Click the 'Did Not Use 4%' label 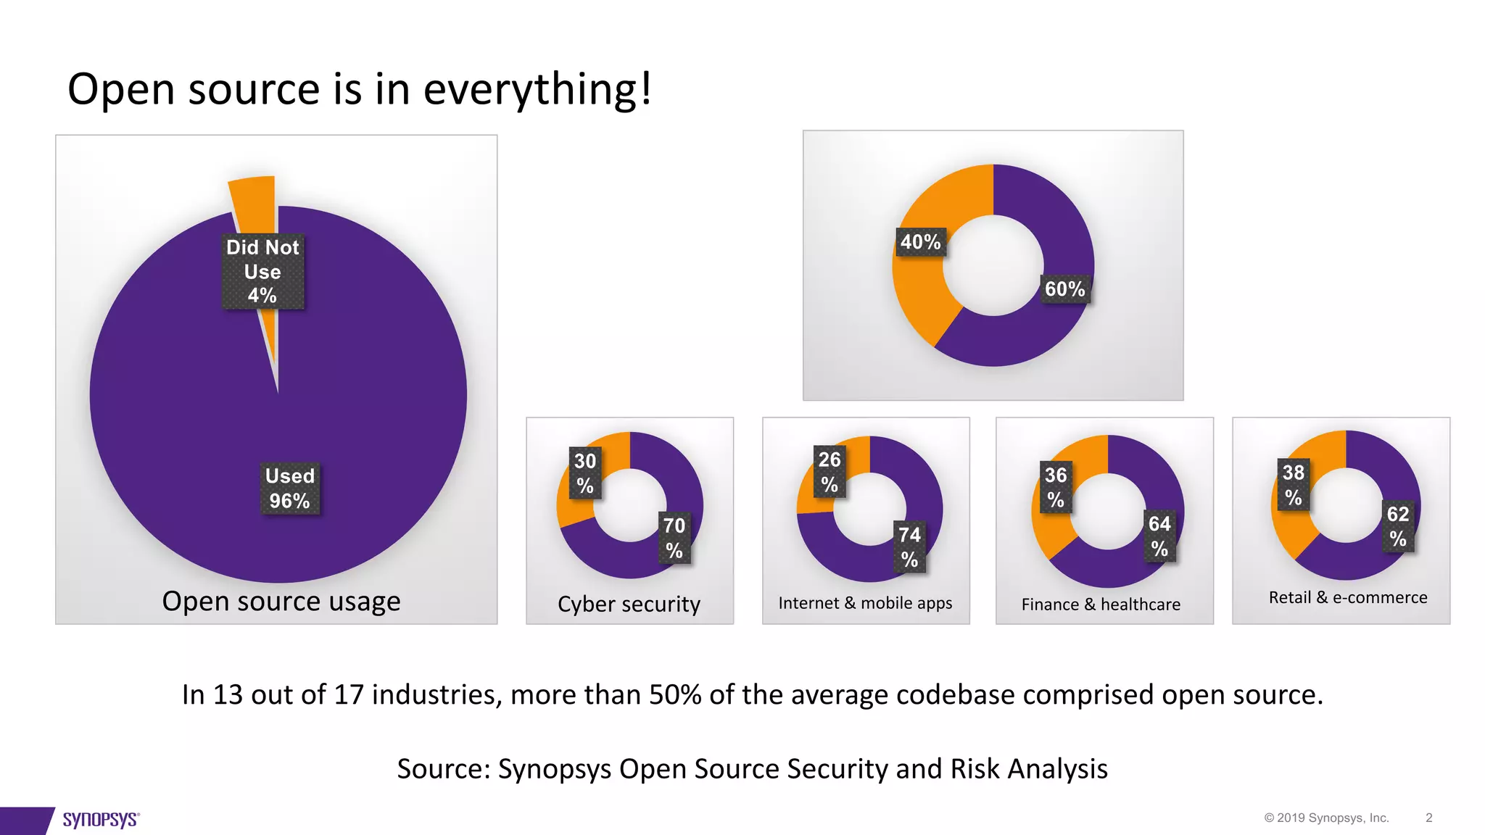(x=262, y=272)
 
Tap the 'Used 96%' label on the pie (x=289, y=489)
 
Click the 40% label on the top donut (x=920, y=242)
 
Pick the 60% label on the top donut (x=1064, y=289)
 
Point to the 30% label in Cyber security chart (x=585, y=473)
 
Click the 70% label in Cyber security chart (x=674, y=538)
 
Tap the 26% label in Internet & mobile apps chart (x=830, y=471)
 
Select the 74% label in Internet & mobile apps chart (x=909, y=547)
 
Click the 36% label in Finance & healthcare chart (x=1056, y=487)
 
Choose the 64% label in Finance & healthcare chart (x=1159, y=536)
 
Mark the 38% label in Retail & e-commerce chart (x=1294, y=484)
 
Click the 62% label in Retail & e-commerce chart (x=1398, y=526)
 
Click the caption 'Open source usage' (x=281, y=601)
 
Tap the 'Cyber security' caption (x=629, y=604)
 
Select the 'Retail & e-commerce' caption (x=1348, y=597)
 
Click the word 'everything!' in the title (x=537, y=90)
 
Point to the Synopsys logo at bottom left (x=100, y=820)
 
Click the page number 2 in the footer (x=1428, y=818)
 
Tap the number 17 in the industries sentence (x=348, y=694)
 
